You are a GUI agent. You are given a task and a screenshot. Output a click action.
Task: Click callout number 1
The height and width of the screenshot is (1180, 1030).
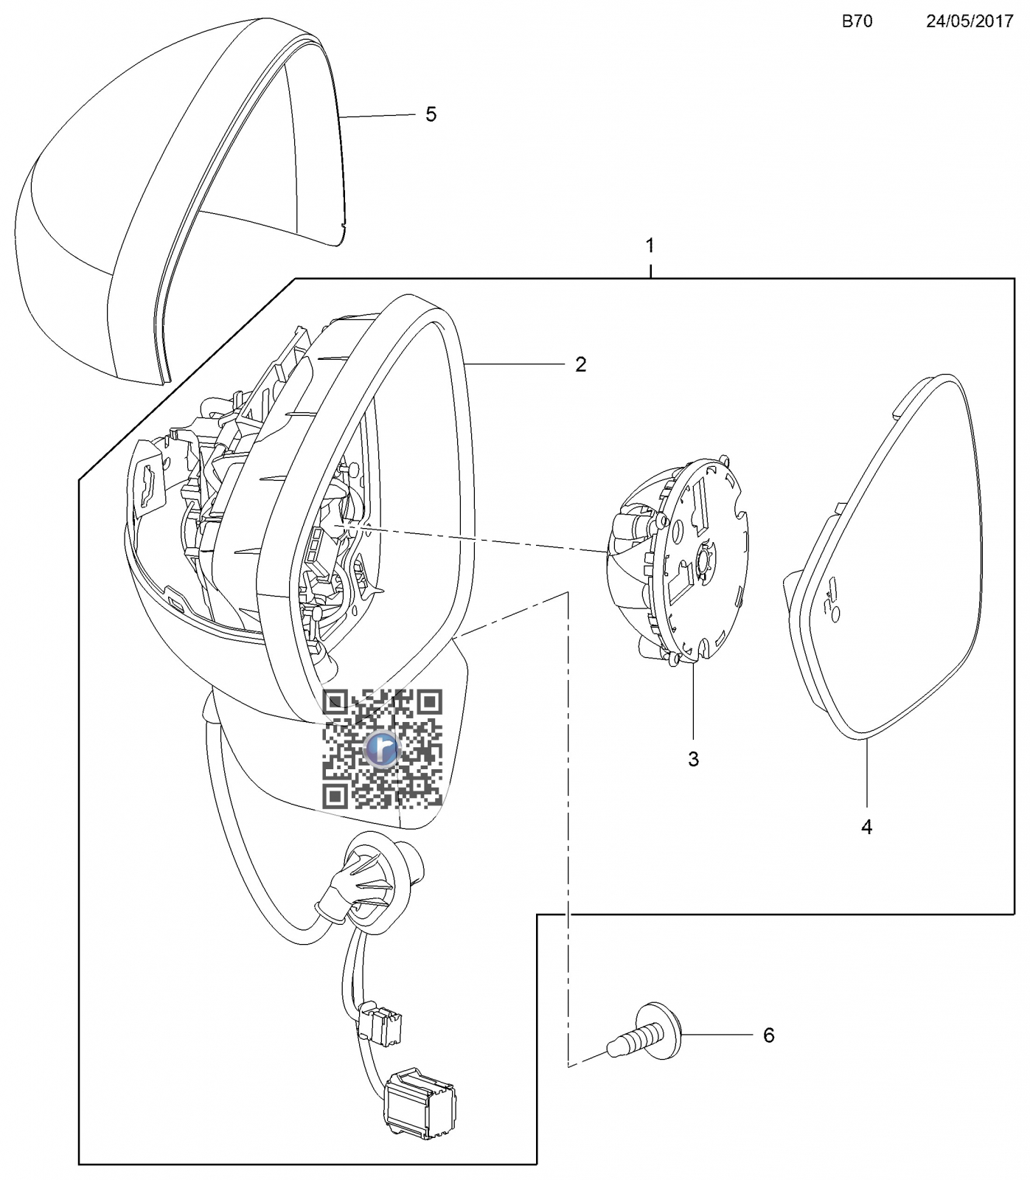click(x=650, y=245)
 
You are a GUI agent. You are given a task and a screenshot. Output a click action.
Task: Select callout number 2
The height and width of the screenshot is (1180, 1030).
click(x=581, y=364)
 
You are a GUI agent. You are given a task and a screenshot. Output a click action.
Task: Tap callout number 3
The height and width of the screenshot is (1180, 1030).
click(x=693, y=759)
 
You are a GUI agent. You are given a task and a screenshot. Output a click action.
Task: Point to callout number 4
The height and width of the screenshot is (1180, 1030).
click(x=867, y=827)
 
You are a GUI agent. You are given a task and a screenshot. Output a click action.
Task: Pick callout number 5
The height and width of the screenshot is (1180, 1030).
click(x=431, y=114)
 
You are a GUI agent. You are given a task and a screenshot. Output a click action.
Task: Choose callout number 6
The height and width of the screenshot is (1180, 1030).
click(x=769, y=1035)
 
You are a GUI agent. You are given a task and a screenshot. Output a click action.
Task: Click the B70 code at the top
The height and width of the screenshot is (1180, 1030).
click(x=857, y=21)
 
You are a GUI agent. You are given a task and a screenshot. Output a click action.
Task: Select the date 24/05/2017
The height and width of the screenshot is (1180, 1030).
click(x=970, y=21)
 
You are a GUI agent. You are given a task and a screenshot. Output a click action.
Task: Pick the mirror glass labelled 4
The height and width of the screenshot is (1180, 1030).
click(x=883, y=556)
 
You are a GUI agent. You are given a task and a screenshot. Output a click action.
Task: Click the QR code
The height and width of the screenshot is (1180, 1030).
click(x=383, y=749)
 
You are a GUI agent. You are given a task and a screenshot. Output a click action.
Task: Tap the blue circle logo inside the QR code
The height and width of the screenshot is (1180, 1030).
click(x=383, y=749)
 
